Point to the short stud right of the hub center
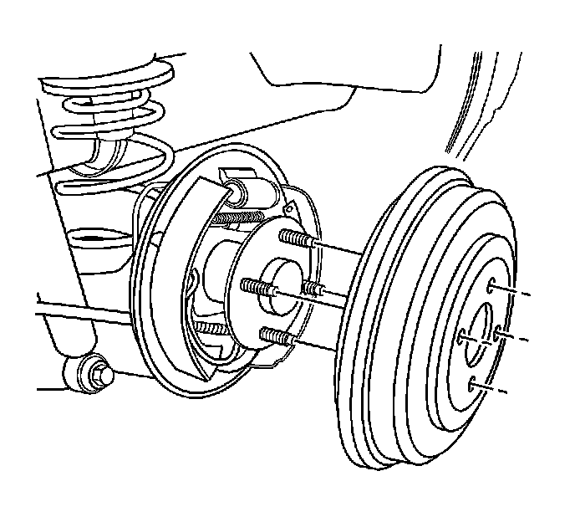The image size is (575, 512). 313,289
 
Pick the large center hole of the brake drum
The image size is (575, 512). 481,331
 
